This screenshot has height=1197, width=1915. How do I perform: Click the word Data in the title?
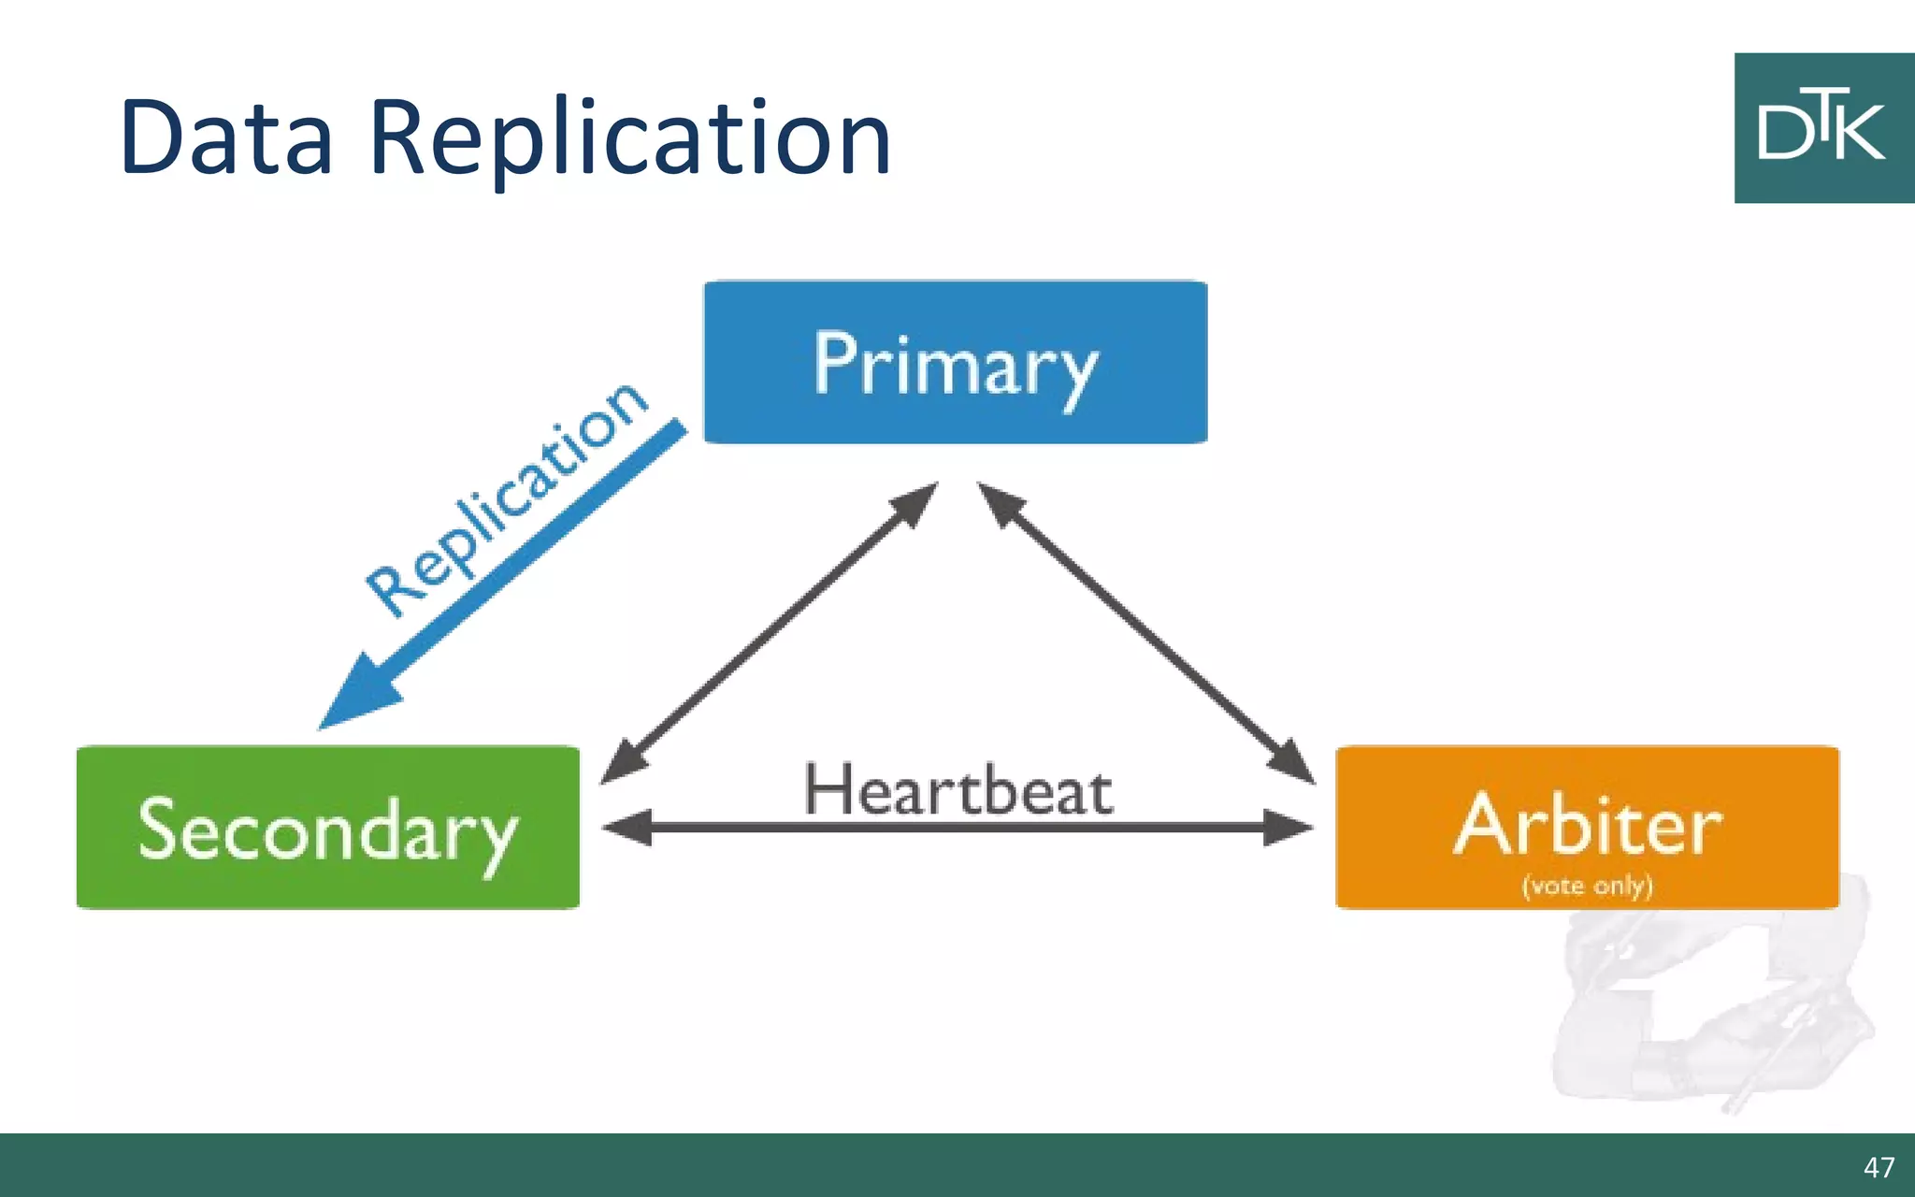[x=226, y=138]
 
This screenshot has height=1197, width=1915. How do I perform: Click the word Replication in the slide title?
[x=629, y=140]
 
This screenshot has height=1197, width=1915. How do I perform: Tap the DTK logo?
[x=1823, y=128]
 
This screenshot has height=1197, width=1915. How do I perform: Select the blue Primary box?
[x=955, y=363]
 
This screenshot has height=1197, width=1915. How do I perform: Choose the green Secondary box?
[x=327, y=828]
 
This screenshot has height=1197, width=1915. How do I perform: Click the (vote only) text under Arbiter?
[x=1587, y=885]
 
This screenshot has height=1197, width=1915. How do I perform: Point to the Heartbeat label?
[x=957, y=791]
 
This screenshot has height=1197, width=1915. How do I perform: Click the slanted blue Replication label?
[x=506, y=499]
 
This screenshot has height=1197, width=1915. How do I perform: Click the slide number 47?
[x=1878, y=1167]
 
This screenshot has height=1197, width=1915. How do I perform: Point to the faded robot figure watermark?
[x=1711, y=1010]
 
